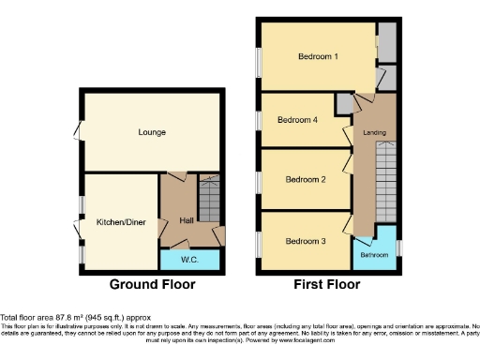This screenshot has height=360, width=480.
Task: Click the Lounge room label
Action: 152,132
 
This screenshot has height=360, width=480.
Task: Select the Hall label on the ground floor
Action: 187,220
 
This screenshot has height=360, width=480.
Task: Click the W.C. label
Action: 188,258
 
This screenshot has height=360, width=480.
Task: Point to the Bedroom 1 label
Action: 318,57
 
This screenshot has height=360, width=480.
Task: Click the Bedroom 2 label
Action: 305,179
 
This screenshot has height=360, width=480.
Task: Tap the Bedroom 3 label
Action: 305,241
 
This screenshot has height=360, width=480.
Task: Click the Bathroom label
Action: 375,255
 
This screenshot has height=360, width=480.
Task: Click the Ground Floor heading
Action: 153,284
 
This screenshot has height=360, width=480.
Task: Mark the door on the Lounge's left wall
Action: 80,130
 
